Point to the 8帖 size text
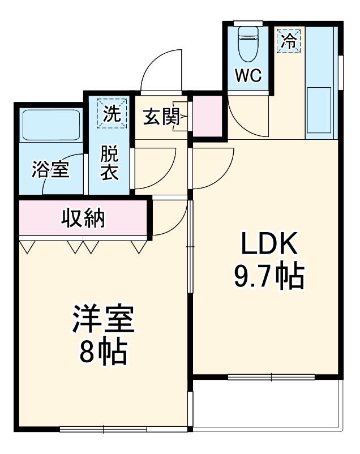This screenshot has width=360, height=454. (x=102, y=353)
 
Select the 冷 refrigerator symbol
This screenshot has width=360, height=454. (x=289, y=40)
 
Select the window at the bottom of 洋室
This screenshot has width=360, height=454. (x=105, y=429)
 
